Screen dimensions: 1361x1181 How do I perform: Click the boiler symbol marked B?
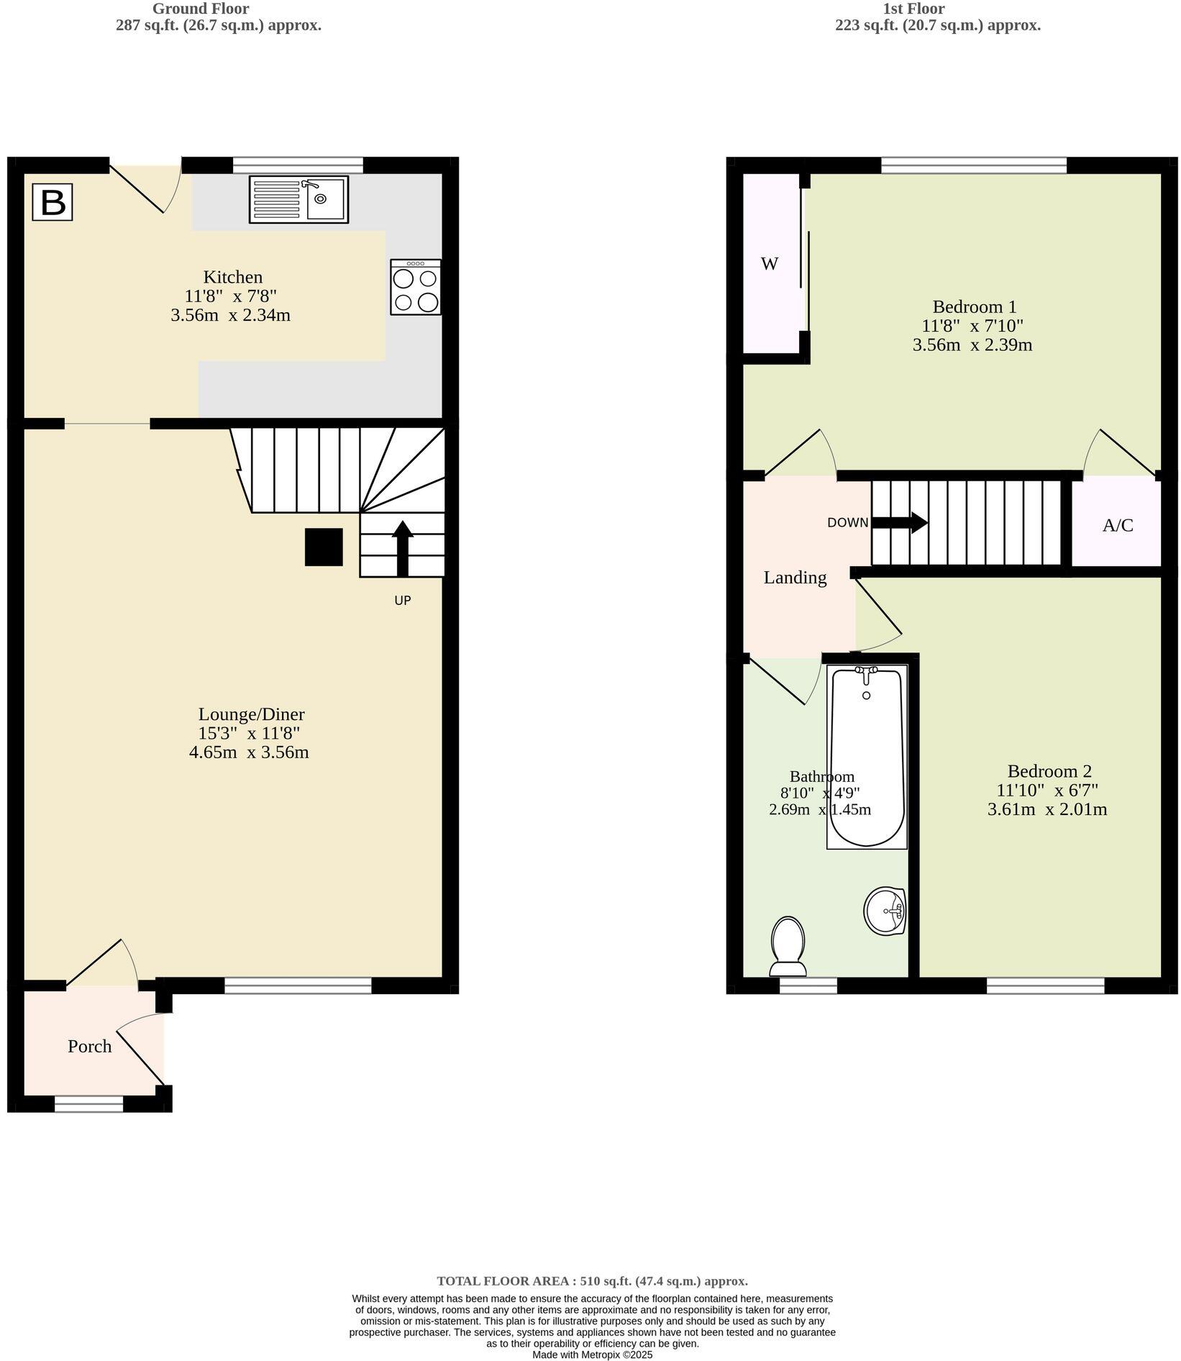click(53, 202)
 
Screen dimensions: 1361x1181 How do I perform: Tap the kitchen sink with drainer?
click(298, 199)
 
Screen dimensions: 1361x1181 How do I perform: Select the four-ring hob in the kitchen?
click(416, 287)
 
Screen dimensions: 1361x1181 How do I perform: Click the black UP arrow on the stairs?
click(402, 548)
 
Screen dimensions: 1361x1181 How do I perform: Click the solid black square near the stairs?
click(324, 547)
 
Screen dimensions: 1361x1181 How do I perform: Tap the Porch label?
click(90, 1046)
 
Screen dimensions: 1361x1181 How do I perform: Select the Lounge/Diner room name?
click(252, 714)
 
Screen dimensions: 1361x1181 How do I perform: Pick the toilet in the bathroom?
click(788, 944)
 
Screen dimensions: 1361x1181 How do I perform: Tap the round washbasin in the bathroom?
click(885, 910)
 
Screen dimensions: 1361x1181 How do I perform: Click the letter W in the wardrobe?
click(770, 264)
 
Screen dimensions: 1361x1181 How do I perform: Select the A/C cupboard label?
click(1118, 525)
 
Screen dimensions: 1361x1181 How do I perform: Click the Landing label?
click(795, 578)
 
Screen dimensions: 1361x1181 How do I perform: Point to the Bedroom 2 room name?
click(1049, 771)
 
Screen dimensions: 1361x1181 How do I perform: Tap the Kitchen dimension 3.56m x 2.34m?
click(230, 315)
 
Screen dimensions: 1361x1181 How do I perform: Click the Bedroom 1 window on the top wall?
click(974, 165)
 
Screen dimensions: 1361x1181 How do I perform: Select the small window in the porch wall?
click(89, 1103)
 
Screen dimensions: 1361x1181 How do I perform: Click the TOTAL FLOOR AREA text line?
click(592, 1280)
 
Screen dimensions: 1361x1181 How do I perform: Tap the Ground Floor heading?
click(201, 9)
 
